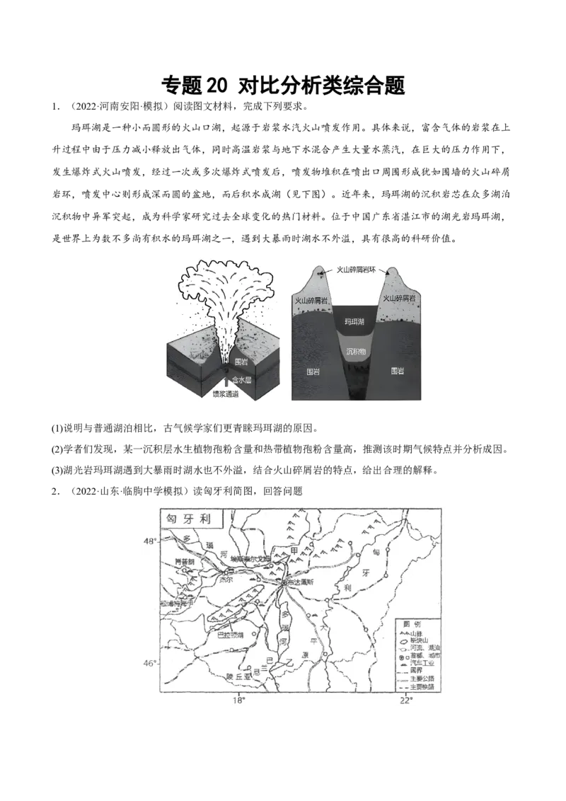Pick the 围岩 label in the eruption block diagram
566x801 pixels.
[241, 362]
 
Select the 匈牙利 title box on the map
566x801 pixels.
[189, 517]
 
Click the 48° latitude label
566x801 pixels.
[149, 541]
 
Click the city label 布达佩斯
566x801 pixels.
[297, 582]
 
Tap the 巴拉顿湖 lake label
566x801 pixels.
[229, 635]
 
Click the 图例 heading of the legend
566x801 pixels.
[411, 624]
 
